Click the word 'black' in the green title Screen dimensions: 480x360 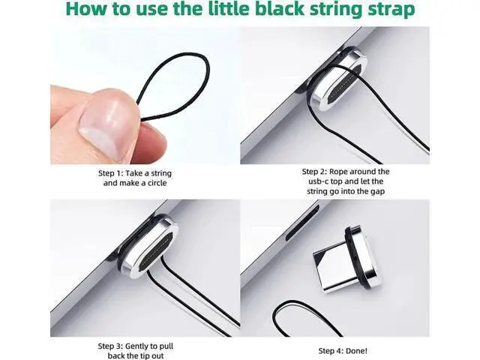click(x=280, y=8)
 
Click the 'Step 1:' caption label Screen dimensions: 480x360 click(x=110, y=173)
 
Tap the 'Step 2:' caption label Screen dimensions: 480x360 click(x=314, y=172)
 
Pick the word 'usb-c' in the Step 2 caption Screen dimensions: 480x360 click(x=318, y=181)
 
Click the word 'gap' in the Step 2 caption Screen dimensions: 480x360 click(x=378, y=192)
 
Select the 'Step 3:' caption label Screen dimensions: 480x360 click(x=110, y=346)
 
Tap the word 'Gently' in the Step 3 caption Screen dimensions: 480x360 click(x=137, y=346)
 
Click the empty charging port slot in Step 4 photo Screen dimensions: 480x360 click(x=302, y=222)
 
